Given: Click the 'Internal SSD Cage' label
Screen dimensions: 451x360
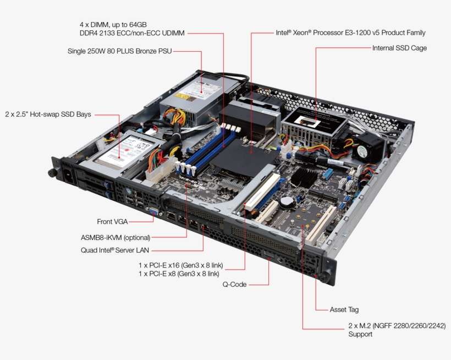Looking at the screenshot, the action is coord(399,48).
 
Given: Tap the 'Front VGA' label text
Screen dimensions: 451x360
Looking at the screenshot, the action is coord(112,222).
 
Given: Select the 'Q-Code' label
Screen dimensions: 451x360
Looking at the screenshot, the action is coord(234,285).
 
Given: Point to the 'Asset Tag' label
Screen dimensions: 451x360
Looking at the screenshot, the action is coord(344,310).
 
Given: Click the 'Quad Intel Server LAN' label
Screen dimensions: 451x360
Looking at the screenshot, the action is coord(115,250).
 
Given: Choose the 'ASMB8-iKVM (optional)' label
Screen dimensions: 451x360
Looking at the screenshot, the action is coord(116,238).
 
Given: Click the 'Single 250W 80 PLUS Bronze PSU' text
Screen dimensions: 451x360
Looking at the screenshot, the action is coord(120,51).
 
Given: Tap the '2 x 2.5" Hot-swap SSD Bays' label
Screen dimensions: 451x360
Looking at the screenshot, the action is coord(48,114).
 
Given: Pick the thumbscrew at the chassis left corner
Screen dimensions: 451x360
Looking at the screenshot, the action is coord(52,173).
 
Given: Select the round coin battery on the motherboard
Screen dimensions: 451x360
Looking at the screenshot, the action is coord(287,203).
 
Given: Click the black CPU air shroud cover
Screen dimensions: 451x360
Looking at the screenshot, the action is coord(245,157).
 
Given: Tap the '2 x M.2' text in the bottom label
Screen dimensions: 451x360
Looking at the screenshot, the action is coord(359,326).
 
